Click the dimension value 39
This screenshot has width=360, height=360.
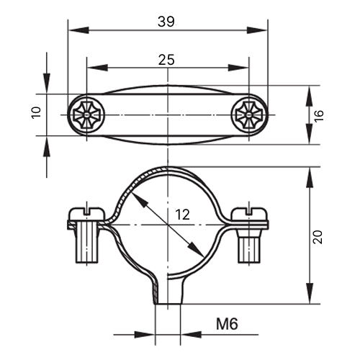tap(166, 22)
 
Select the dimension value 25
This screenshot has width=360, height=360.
tap(166, 60)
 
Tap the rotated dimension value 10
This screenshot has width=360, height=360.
tap(36, 112)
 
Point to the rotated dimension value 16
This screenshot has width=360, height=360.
tap(319, 116)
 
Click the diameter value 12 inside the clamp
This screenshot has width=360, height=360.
tap(183, 215)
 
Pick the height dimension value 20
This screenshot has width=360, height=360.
tap(318, 237)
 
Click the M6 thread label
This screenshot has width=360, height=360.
tap(227, 324)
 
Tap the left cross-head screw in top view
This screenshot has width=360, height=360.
tap(86, 114)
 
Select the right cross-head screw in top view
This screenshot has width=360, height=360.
tap(249, 114)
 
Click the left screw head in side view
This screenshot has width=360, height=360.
tap(86, 215)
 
